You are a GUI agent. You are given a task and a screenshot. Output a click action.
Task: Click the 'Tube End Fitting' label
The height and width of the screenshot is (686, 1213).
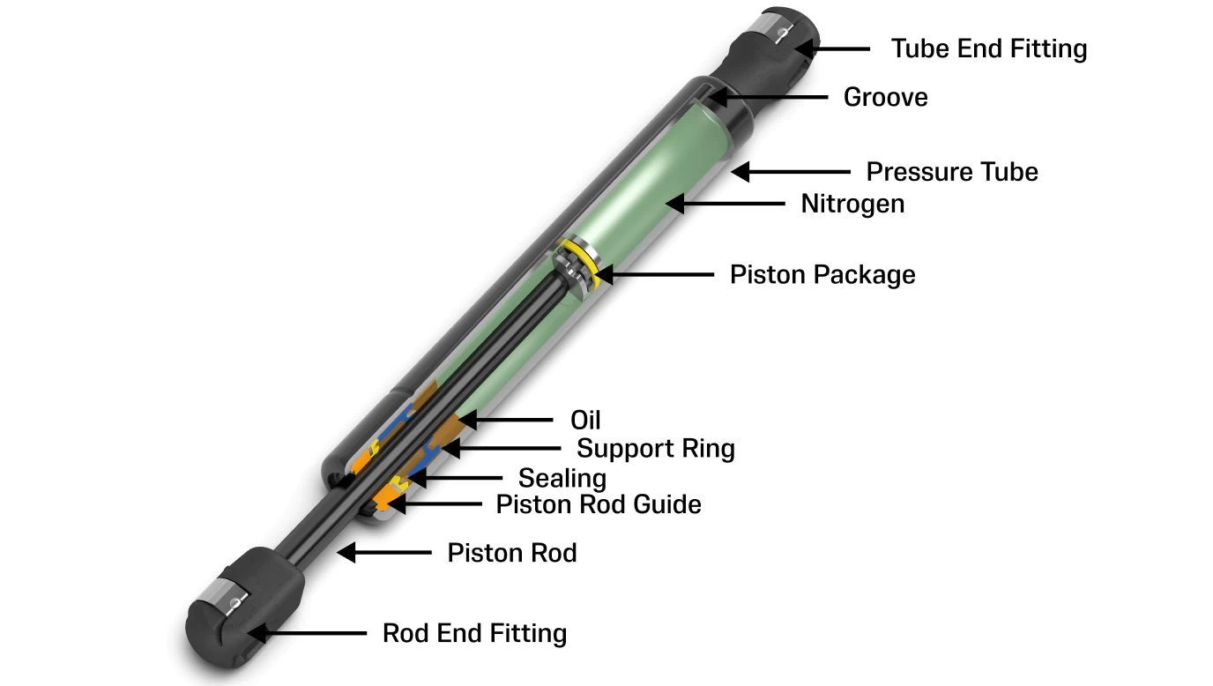(989, 48)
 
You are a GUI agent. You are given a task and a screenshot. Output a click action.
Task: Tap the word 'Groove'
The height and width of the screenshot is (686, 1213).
(885, 98)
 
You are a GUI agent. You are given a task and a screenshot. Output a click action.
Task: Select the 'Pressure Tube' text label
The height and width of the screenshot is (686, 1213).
(952, 172)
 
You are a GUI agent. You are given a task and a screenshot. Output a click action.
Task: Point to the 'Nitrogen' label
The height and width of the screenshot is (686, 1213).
(852, 204)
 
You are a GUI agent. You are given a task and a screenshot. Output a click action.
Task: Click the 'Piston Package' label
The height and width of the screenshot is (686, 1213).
(822, 274)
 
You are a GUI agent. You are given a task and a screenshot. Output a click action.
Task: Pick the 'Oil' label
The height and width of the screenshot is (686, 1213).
(585, 421)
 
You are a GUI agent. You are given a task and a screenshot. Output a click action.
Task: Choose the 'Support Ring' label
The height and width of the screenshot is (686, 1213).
(655, 448)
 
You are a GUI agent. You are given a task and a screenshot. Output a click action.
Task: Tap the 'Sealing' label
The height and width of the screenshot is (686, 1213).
(562, 478)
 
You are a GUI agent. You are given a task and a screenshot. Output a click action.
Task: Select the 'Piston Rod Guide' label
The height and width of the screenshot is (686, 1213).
(599, 504)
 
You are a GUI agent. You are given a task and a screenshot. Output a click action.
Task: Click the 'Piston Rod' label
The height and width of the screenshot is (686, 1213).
(511, 553)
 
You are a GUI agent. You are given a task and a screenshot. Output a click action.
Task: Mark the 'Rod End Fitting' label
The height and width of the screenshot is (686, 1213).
(474, 633)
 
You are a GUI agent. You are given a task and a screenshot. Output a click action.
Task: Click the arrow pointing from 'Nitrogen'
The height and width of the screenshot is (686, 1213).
(726, 204)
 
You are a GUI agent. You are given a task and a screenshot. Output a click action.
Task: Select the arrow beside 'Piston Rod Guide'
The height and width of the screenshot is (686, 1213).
(434, 504)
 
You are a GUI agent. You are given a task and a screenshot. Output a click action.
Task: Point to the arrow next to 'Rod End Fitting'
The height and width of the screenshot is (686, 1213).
(307, 633)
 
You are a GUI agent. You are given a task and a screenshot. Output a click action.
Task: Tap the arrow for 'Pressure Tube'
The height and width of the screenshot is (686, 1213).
(791, 172)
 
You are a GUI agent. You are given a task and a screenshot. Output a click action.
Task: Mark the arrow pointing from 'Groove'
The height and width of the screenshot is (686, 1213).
(768, 98)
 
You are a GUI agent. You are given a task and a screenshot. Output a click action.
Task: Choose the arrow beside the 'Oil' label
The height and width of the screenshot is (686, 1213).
(506, 421)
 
